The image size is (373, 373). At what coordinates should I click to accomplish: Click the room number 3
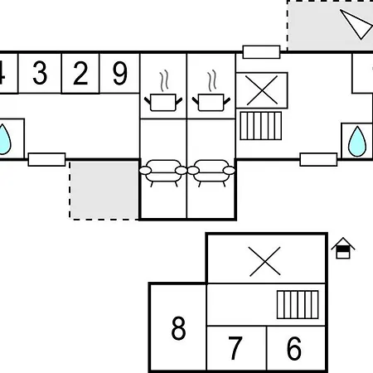[x=40, y=73]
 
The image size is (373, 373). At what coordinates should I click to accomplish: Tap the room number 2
[x=80, y=73]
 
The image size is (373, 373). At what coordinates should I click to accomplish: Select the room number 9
[x=120, y=73]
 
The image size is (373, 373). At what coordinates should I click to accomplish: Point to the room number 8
[x=178, y=328]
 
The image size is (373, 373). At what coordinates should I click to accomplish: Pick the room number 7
[x=235, y=348]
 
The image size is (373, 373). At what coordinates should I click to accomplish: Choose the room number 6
[x=294, y=348]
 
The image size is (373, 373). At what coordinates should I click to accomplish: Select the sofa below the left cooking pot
[x=163, y=173]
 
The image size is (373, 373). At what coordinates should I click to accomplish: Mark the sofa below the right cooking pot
[x=211, y=173]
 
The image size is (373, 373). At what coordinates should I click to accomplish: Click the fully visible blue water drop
[x=357, y=142]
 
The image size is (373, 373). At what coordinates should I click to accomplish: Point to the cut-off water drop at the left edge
[x=4, y=139]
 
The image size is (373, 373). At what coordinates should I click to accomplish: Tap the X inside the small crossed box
[x=262, y=90]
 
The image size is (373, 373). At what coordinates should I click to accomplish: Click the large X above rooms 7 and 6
[x=264, y=261]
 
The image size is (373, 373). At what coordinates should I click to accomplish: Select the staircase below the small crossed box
[x=261, y=126]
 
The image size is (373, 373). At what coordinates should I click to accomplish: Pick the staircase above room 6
[x=298, y=304]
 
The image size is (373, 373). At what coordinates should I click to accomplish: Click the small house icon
[x=343, y=248]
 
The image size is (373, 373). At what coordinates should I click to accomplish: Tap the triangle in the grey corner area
[x=356, y=24]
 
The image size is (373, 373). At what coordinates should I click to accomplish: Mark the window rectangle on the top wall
[x=261, y=52]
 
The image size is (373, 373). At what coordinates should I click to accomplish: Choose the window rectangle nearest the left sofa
[x=46, y=159]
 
